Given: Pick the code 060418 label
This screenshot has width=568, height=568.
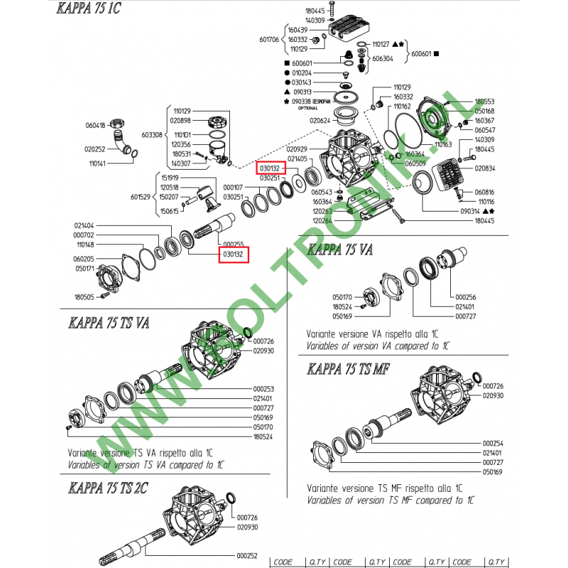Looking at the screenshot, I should (95, 126).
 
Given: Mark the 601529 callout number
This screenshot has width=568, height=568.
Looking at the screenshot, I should (142, 197).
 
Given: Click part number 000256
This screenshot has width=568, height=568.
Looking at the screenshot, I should (466, 297).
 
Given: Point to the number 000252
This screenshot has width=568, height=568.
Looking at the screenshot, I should (247, 555).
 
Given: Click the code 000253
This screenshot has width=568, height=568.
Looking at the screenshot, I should (263, 389).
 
